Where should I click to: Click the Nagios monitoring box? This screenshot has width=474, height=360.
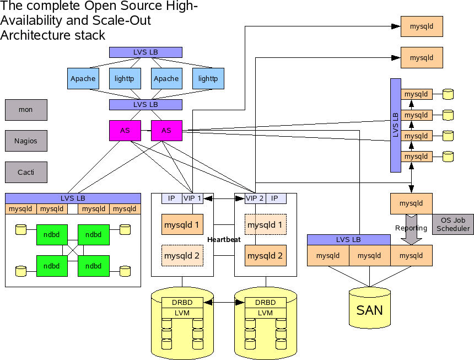26,141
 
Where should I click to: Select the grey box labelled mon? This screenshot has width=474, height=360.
26,110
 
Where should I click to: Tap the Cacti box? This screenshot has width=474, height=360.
26,173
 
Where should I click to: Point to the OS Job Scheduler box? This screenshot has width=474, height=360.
453,224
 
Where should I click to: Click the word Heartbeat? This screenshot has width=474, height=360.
224,239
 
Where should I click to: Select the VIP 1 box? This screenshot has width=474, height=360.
192,198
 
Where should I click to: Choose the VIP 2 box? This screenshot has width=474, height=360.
255,198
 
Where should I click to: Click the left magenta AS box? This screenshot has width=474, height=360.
125,131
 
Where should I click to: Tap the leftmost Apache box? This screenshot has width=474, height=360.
83,79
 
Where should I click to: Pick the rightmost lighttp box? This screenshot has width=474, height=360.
208,79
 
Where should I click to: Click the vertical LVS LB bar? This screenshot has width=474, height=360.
396,125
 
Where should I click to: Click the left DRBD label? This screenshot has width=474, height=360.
182,303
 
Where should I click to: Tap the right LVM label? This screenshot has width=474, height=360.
266,313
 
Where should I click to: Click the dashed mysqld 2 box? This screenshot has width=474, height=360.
182,255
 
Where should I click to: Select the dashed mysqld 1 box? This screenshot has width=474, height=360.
266,225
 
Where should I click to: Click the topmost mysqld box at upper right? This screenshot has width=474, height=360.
422,26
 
